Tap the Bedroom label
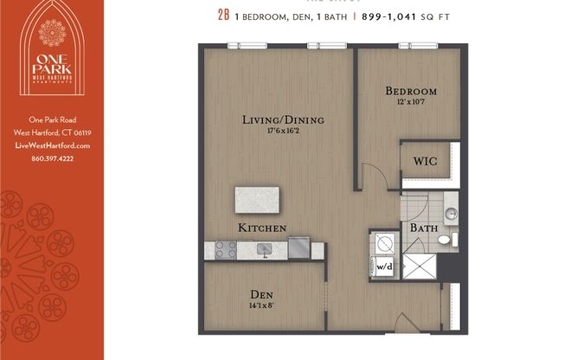click(x=411, y=91)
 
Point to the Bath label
click(x=423, y=228)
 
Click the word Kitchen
click(x=263, y=228)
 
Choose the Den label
click(x=263, y=293)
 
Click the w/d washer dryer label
click(x=383, y=267)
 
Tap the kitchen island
click(x=259, y=201)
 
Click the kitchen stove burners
click(x=225, y=250)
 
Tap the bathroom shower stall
click(x=420, y=268)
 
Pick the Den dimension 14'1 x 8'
click(x=263, y=305)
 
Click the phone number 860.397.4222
click(x=52, y=158)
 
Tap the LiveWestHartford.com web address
click(x=52, y=145)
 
